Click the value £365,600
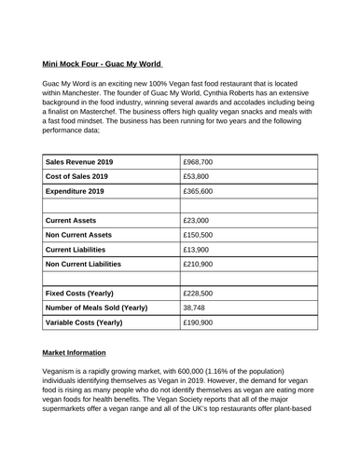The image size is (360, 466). point(207,190)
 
